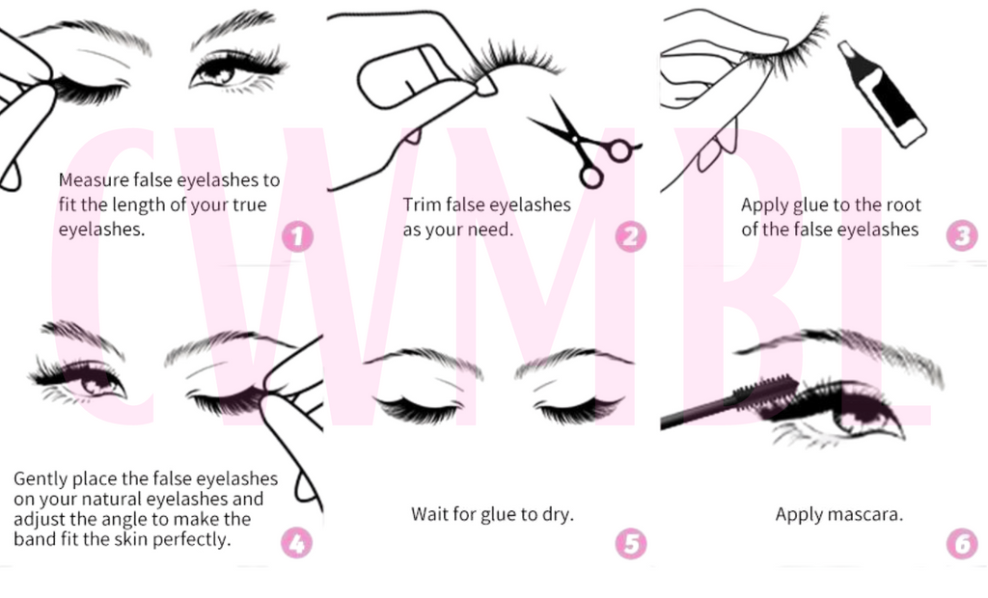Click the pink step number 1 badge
coord(297,237)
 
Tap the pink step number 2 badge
coord(631,237)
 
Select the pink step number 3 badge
coord(962,235)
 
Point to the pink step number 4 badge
coord(297,543)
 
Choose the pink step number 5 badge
coord(631,544)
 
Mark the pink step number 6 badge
coord(962,544)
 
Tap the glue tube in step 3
coord(882,94)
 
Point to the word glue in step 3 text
coord(802,205)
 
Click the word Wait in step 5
coord(429,514)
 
